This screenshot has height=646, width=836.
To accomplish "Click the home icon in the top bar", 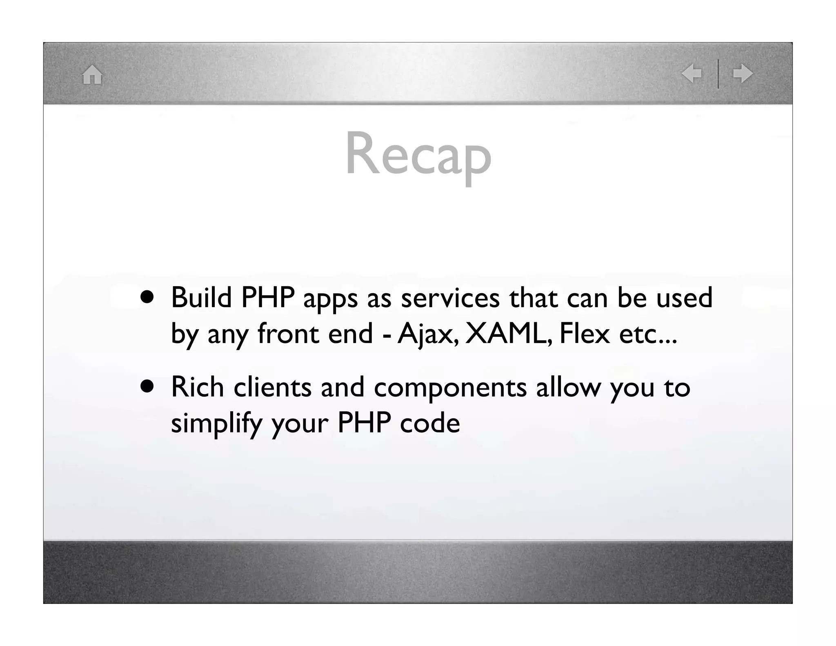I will coord(92,75).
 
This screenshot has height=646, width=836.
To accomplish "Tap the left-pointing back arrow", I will coord(691,74).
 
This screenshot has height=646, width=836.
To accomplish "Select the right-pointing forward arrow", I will coord(743,74).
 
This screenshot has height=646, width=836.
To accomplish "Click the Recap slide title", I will coord(418,156).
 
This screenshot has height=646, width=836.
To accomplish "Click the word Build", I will coord(201,297).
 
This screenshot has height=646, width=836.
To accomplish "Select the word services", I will coord(450,298).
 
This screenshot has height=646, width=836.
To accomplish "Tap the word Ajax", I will coord(428,334).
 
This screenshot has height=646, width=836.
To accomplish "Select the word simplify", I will coord(216,424).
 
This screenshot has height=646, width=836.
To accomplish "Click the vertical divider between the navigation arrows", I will coord(718,74).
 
